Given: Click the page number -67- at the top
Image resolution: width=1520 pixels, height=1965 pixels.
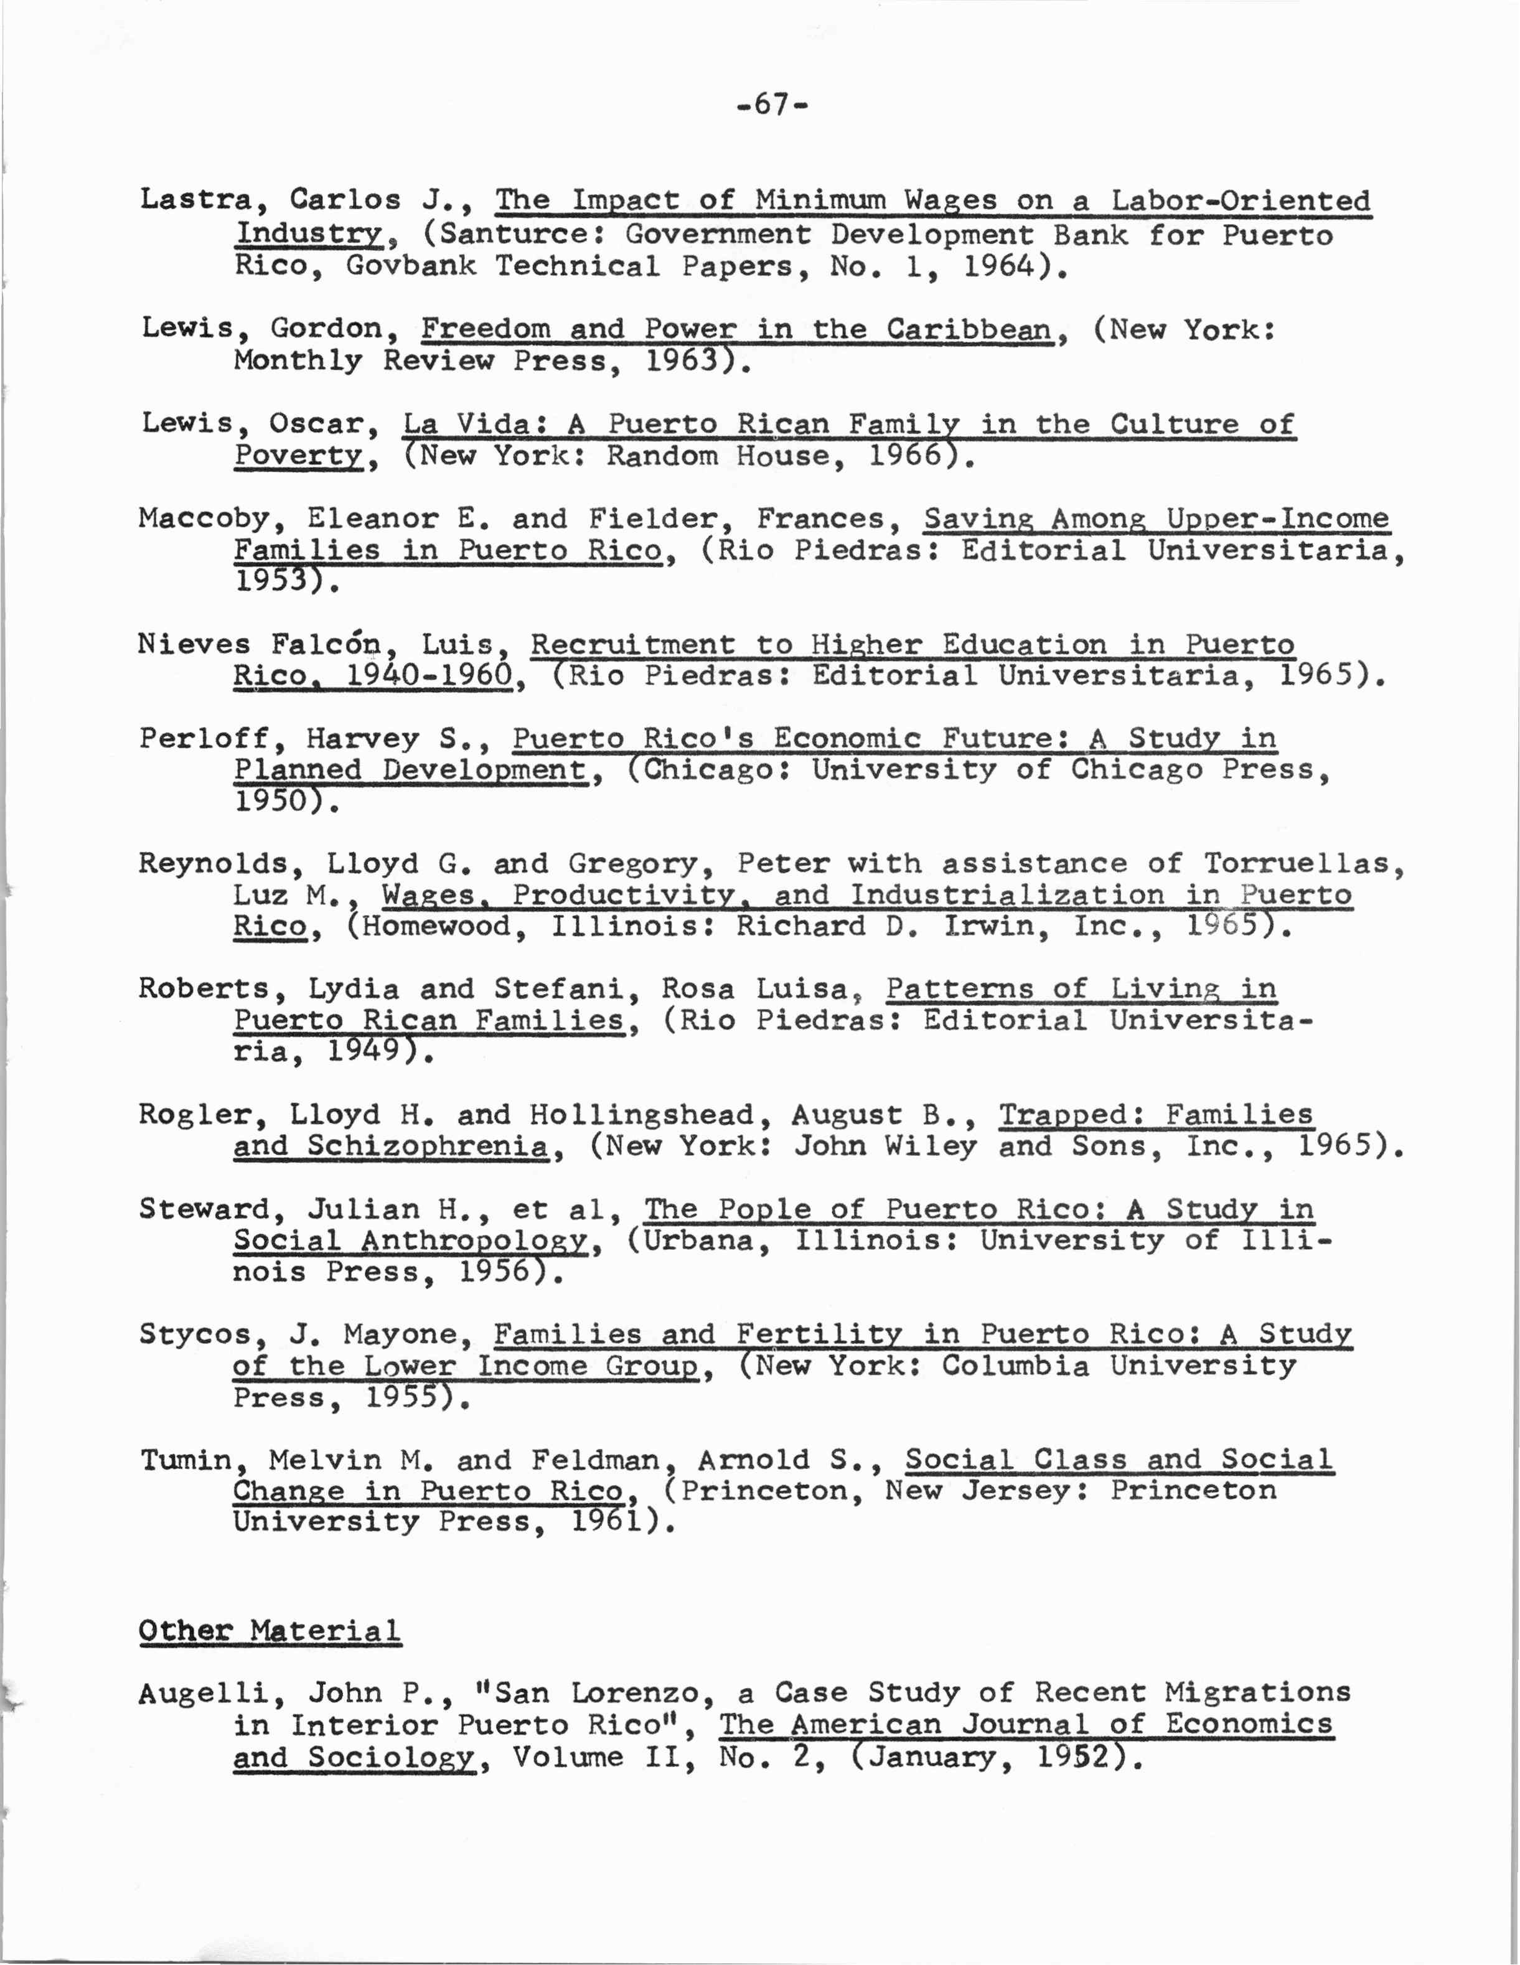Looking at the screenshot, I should pyautogui.click(x=772, y=105).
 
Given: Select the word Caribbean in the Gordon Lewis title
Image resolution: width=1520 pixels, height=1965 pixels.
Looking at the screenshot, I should pyautogui.click(x=969, y=329).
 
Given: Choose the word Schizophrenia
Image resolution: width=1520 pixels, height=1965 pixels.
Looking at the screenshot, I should pyautogui.click(x=428, y=1147).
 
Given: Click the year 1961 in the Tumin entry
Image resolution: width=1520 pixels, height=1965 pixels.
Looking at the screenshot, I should pyautogui.click(x=609, y=1522).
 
